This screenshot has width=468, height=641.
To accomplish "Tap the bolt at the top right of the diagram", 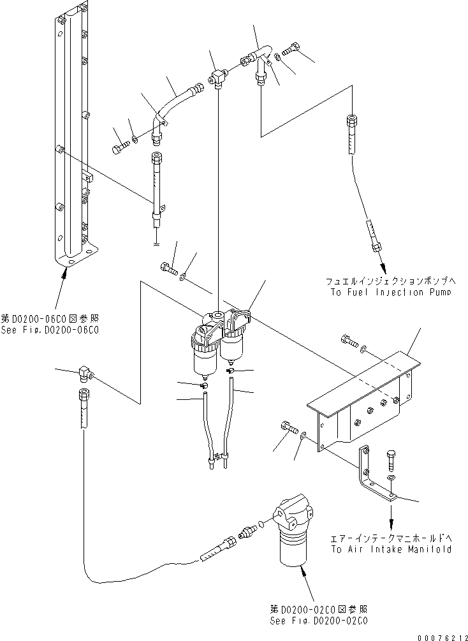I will (293, 48).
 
